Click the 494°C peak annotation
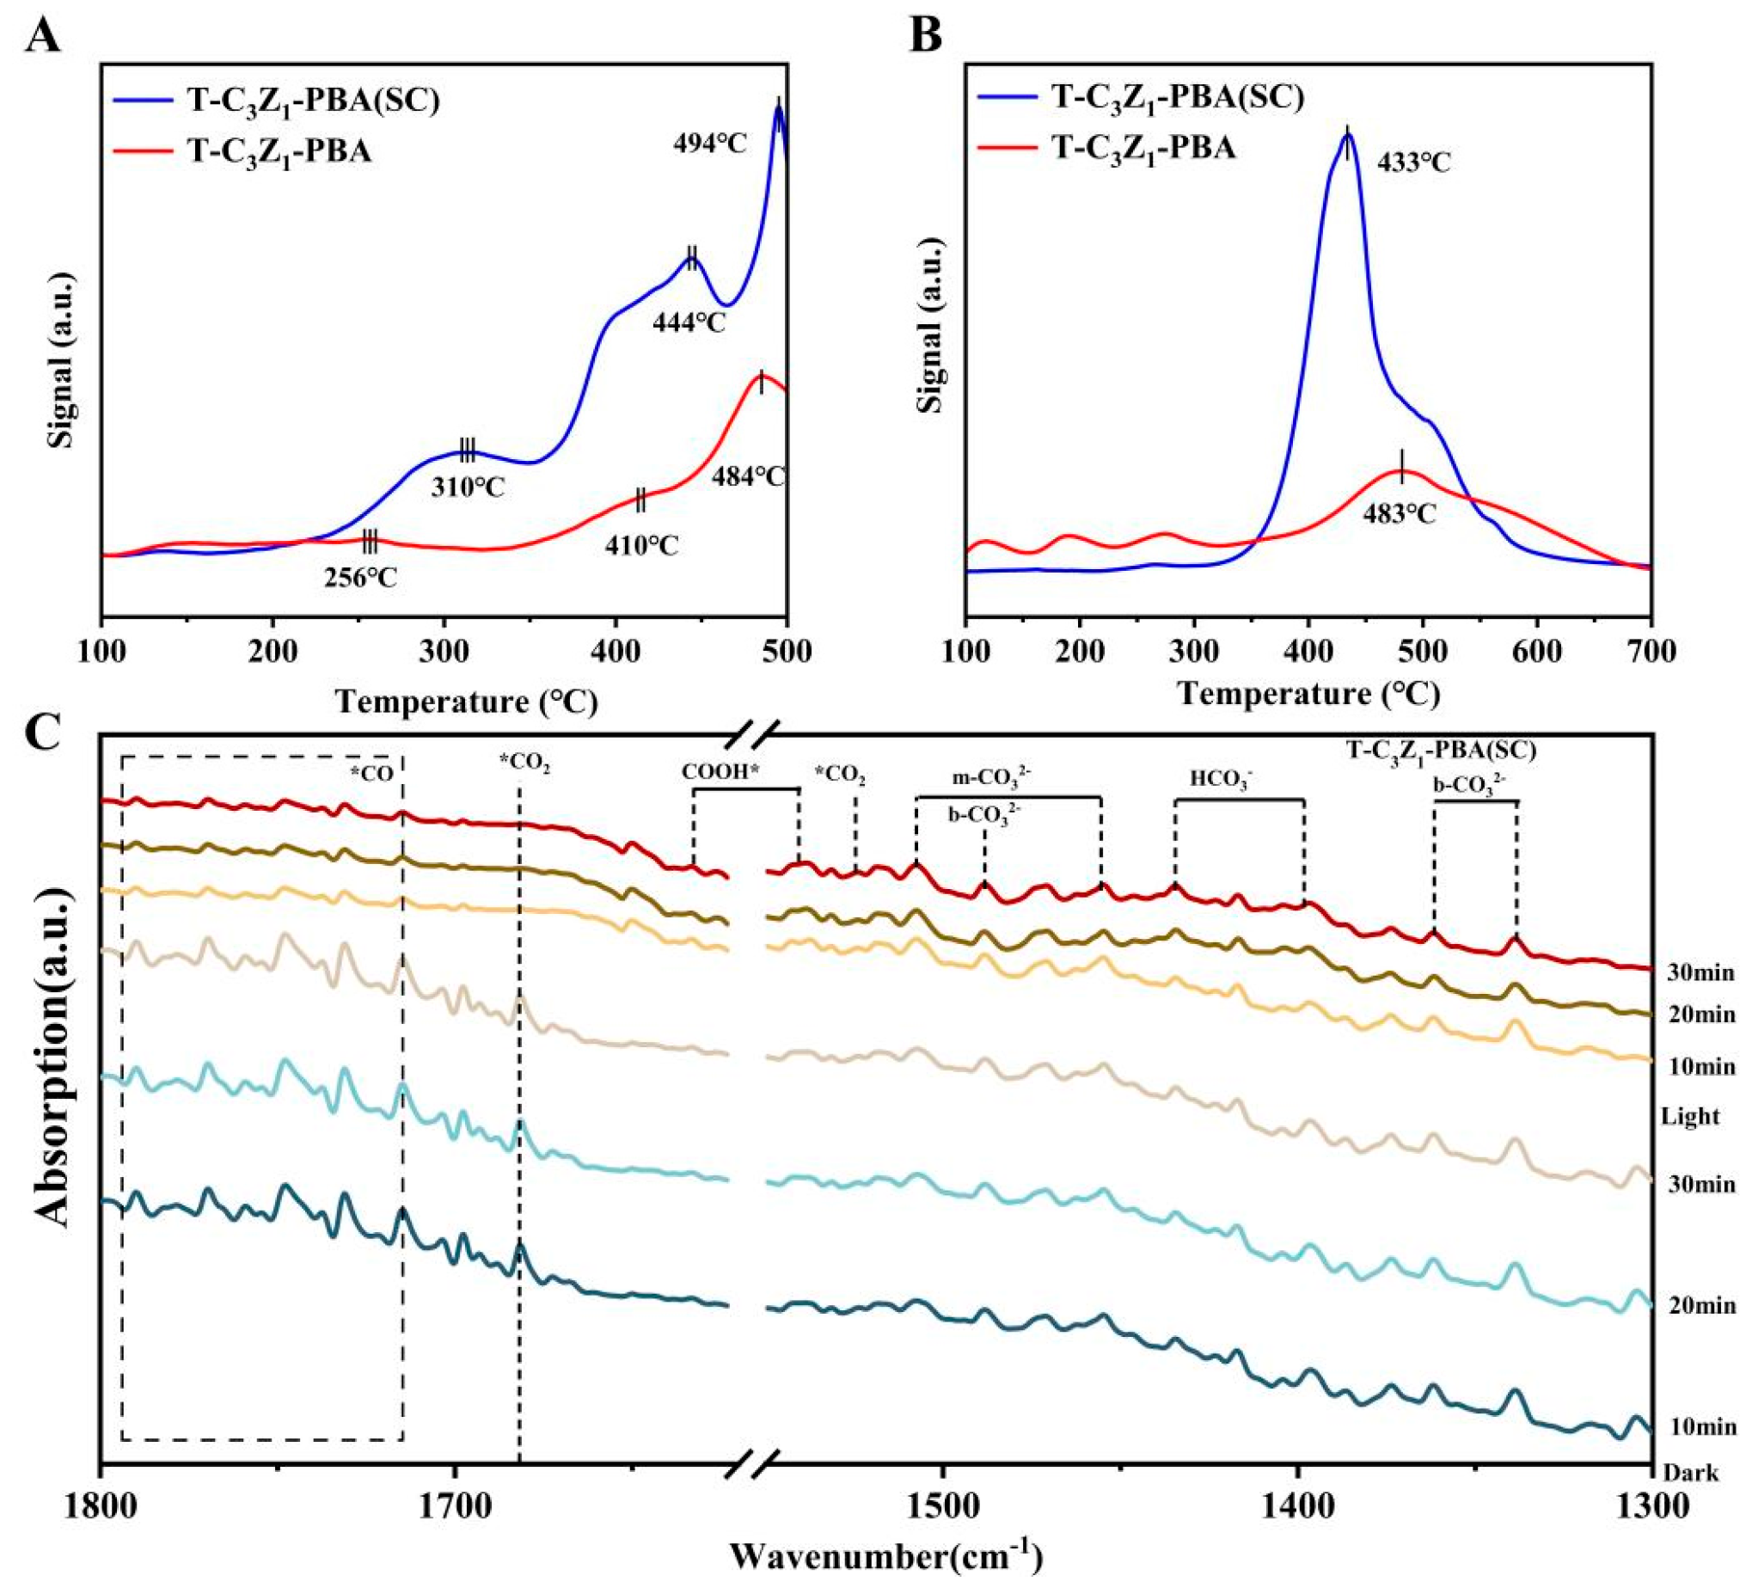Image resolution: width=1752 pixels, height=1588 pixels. click(709, 143)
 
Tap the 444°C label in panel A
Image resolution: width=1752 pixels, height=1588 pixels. click(689, 323)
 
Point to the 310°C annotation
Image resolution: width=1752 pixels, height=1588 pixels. click(468, 486)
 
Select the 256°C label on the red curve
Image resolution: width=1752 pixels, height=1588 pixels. click(361, 578)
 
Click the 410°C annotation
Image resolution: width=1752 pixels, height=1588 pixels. click(642, 546)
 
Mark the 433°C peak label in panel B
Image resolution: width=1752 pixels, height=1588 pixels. click(1414, 163)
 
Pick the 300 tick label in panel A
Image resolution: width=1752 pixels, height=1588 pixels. click(444, 653)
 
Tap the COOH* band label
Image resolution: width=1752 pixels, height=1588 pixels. click(721, 774)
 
